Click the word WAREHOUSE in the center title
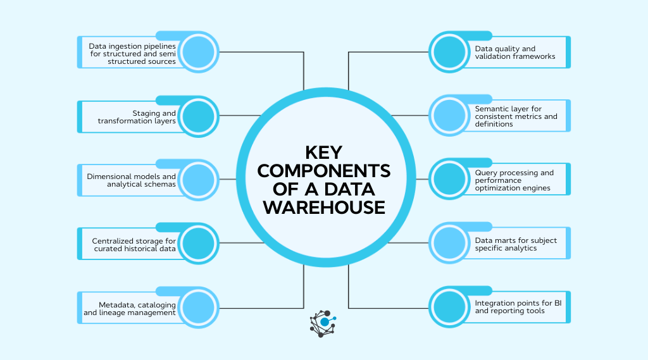(324, 207)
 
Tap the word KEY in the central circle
(324, 153)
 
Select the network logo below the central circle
(323, 323)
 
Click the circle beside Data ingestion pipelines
(199, 53)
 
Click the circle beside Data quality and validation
(449, 53)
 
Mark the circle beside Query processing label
(449, 180)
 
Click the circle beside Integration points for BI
(449, 307)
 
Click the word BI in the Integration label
(558, 303)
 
